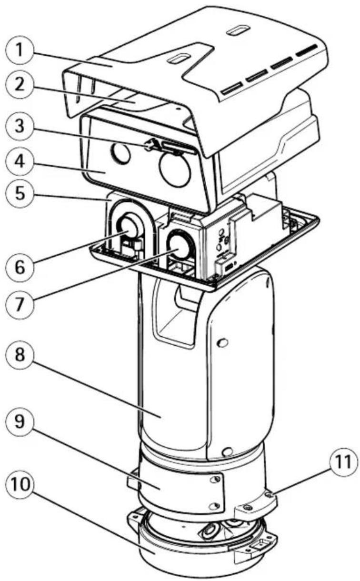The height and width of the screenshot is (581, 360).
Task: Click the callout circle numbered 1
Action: coord(20,50)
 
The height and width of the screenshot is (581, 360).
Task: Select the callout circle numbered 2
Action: coord(20,85)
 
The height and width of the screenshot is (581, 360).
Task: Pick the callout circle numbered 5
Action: coord(20,194)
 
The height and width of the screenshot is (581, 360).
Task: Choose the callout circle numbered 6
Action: coord(20,268)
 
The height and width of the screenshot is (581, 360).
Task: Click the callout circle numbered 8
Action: coord(20,355)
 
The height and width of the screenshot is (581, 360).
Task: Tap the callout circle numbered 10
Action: coord(20,485)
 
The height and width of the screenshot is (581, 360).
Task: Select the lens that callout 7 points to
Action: coord(179,245)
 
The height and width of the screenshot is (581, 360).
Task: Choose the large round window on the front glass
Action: coord(175,169)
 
